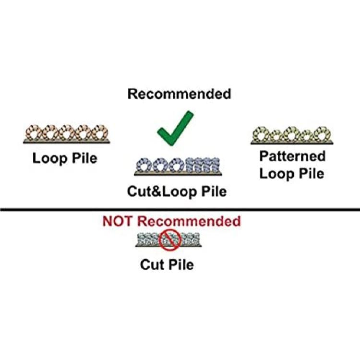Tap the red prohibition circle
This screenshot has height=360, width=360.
pos(170,240)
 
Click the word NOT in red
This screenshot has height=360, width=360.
pos(117,221)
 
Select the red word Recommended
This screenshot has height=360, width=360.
pos(189,221)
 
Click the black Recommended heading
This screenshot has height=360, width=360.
pos(180,94)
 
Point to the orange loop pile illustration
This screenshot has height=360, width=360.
pos(67,134)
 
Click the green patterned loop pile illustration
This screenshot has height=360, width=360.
pos(292,135)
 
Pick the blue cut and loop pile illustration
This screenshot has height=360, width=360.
pos(178,167)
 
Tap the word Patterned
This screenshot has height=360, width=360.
pos(292,156)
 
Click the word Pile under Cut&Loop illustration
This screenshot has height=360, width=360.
pos(214,191)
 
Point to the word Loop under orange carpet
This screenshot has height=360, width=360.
pos(50,159)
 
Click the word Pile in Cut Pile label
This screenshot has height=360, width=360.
pos(181,264)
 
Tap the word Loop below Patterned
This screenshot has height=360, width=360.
pos(276,174)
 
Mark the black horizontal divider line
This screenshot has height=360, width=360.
pos(180,209)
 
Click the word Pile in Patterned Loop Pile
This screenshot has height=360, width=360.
pos(312,173)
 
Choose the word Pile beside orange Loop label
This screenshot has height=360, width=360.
pos(84,158)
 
